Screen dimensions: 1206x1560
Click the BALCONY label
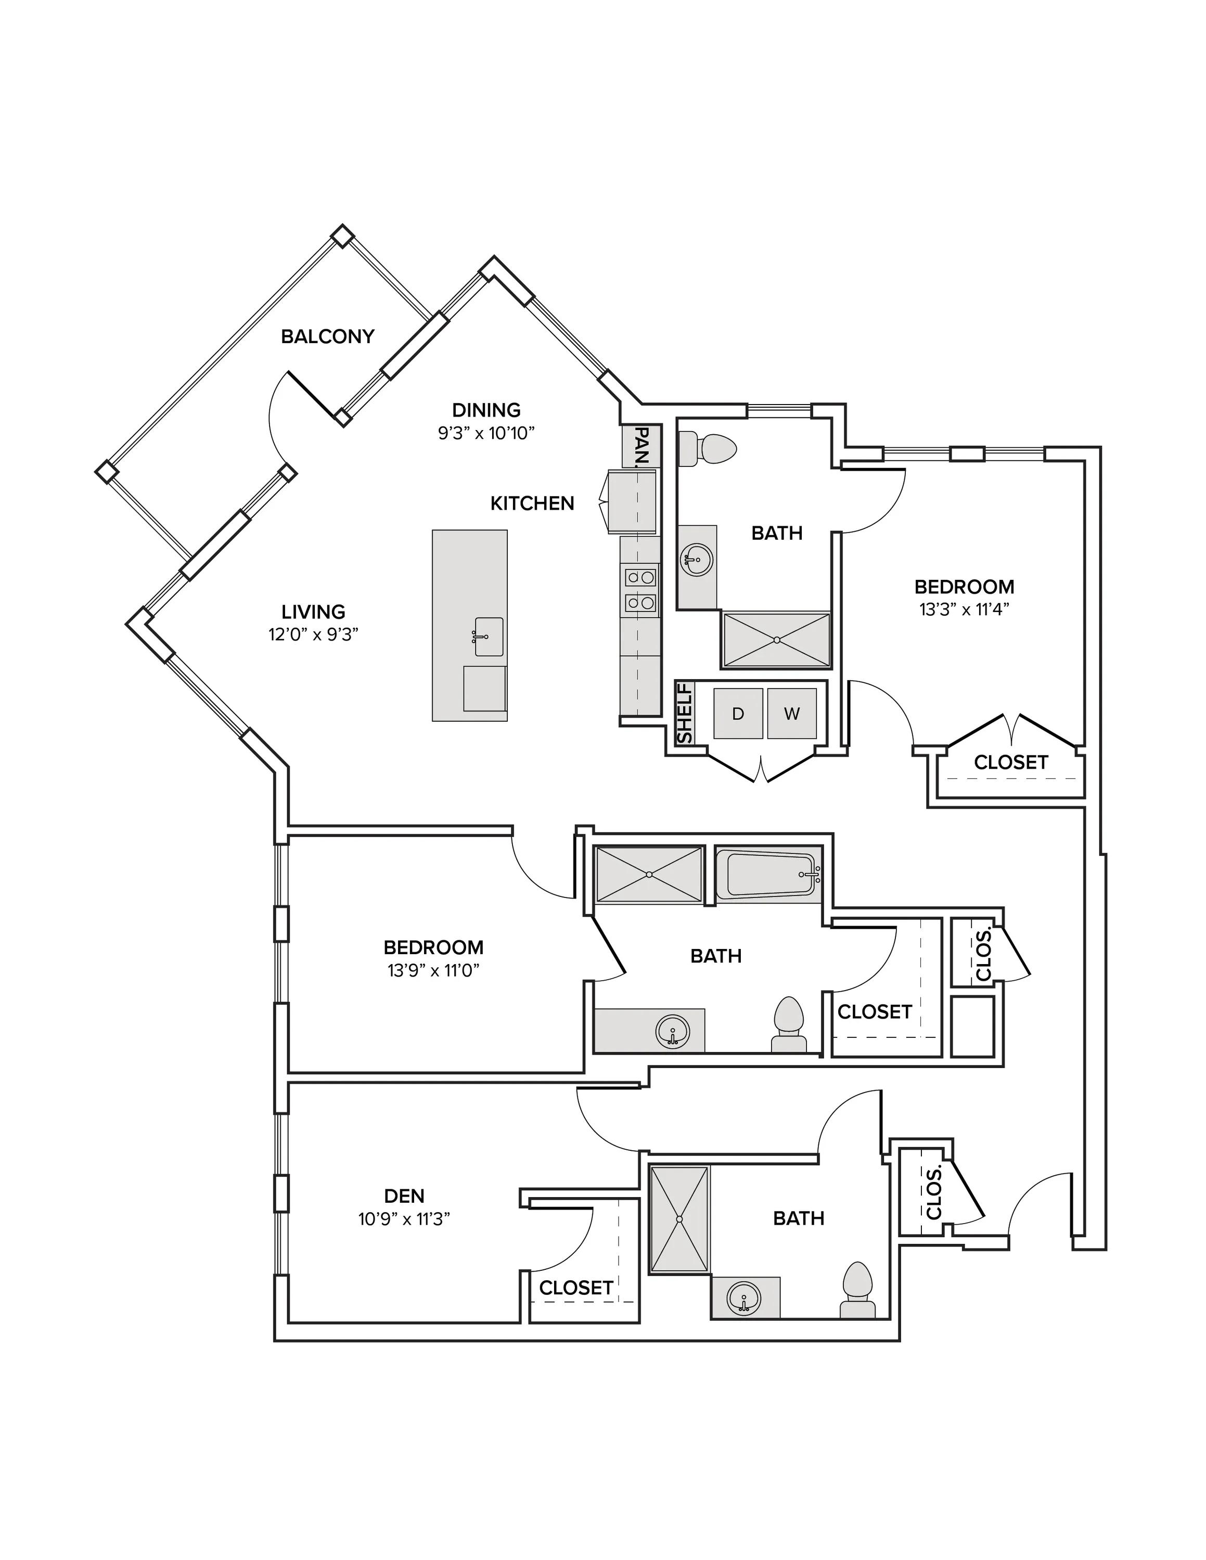click(327, 336)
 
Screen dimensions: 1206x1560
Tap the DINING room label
click(486, 410)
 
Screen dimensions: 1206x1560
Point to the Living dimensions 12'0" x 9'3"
click(313, 634)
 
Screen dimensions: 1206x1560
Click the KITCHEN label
click(532, 503)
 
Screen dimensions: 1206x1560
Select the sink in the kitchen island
click(489, 636)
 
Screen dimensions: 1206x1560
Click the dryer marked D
click(738, 713)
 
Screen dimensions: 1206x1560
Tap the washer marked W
click(792, 713)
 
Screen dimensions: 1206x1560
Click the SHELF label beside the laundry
click(685, 713)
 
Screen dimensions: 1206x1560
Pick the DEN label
click(404, 1195)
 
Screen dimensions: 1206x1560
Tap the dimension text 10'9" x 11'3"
click(404, 1218)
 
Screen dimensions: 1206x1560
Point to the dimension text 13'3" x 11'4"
click(965, 609)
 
